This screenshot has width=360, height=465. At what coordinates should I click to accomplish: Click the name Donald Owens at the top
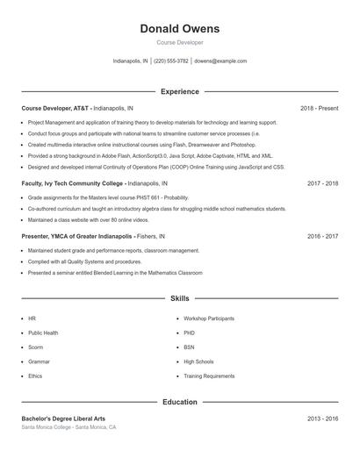click(179, 29)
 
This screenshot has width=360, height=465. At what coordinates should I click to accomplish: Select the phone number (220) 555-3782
click(171, 61)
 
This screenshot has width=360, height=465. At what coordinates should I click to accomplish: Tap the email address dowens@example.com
click(220, 61)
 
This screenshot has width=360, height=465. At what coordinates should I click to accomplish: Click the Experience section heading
click(179, 91)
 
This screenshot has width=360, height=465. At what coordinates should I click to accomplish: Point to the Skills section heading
click(179, 298)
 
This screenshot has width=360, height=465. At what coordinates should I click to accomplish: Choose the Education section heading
click(179, 402)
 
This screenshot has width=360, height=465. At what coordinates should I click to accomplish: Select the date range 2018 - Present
click(319, 108)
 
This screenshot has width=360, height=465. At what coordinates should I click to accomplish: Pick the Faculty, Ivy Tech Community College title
click(73, 184)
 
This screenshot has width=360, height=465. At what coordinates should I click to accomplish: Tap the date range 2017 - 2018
click(322, 184)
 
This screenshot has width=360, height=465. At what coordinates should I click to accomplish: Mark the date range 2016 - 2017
click(322, 236)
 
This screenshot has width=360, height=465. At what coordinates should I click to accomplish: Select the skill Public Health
click(43, 333)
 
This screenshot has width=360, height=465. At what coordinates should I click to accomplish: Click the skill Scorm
click(36, 347)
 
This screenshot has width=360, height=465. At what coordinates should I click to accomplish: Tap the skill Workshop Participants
click(209, 318)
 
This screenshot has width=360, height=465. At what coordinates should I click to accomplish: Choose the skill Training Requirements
click(209, 376)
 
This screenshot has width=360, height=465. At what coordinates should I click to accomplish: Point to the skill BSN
click(189, 347)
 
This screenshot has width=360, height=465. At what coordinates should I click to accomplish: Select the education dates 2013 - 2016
click(322, 418)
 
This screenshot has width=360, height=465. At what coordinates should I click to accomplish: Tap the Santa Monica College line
click(68, 427)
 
